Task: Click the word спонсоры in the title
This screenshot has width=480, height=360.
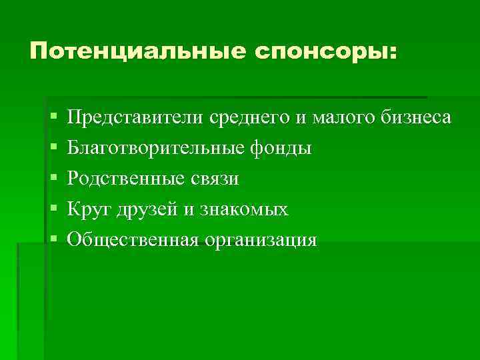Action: (x=317, y=51)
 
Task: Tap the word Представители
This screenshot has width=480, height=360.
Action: (x=136, y=117)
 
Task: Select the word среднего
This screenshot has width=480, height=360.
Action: (x=251, y=117)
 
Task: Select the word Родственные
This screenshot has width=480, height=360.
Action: (x=127, y=179)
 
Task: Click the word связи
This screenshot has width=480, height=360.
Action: (x=216, y=179)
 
